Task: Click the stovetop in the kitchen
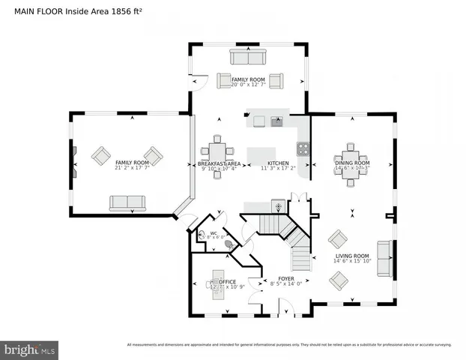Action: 303,147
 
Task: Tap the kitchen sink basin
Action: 277,121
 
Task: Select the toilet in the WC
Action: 229,244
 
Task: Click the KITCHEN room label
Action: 278,163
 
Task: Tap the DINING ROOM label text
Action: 351,163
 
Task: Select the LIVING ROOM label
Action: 351,256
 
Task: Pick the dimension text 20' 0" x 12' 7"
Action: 248,84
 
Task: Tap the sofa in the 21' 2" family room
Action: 127,203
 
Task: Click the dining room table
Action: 351,161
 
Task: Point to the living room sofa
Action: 384,258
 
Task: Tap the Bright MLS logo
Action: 29,349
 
